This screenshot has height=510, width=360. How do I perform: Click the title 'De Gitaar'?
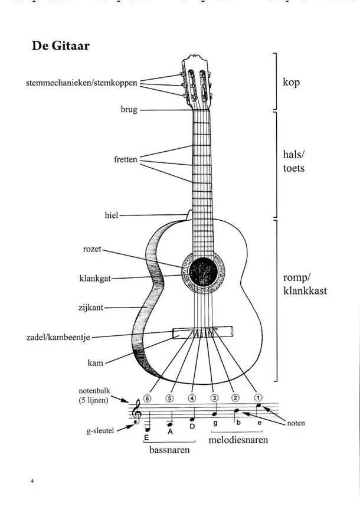[60, 46]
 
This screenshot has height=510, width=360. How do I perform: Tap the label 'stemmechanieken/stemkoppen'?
[81, 83]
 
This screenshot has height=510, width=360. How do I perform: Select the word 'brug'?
[129, 110]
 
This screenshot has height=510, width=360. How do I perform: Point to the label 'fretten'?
[125, 159]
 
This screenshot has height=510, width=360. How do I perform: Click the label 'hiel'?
[112, 216]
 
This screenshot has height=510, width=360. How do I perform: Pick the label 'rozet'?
[93, 250]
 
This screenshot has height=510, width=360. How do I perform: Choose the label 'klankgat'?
[95, 278]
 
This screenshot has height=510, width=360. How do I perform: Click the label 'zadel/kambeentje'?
[58, 337]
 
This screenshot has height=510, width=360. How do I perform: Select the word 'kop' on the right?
[291, 82]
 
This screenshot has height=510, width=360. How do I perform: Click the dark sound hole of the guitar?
[202, 272]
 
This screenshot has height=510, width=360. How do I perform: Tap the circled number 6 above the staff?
[147, 398]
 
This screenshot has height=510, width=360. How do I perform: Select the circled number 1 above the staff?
[258, 398]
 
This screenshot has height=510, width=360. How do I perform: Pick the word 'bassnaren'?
[169, 450]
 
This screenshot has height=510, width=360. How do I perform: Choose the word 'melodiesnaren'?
[238, 440]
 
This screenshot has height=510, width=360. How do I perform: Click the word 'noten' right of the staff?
[296, 423]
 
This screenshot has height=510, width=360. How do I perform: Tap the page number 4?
[33, 482]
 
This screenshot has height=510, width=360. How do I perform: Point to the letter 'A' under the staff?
[169, 431]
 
